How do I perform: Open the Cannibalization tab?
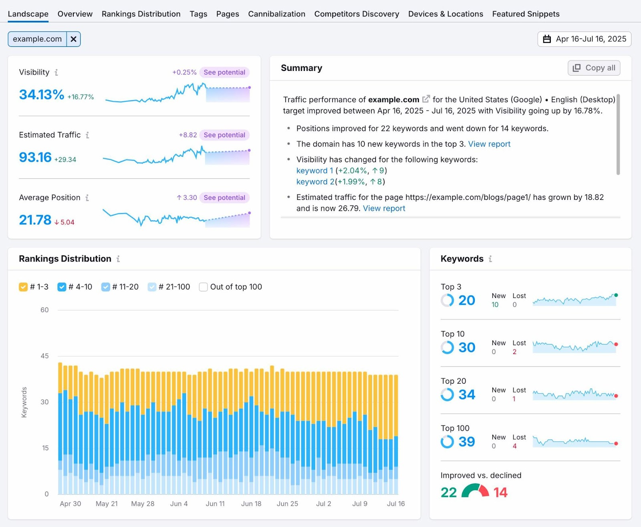276,14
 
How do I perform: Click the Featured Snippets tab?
526,14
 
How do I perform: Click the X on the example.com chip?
74,39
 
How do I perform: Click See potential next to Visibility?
224,72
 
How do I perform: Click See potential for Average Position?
224,198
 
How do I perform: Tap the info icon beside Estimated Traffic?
87,135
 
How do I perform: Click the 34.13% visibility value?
41,95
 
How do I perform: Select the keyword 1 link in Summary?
314,171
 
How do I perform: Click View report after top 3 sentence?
489,144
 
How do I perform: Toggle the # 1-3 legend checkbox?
23,287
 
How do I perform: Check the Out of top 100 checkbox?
204,287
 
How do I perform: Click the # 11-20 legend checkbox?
105,287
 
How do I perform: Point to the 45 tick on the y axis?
44,356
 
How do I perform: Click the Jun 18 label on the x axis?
251,504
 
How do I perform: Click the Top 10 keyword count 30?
467,348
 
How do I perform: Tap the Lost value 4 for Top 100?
514,446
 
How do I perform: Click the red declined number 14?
500,493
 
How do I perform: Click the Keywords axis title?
24,402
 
